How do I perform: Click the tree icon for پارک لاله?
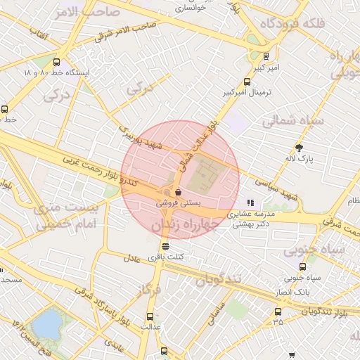(x=300, y=148)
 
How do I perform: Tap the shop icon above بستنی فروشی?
(x=179, y=192)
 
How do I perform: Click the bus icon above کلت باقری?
(x=165, y=246)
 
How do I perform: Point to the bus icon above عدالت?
(x=150, y=316)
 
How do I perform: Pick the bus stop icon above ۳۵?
(x=278, y=311)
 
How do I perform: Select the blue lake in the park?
(x=46, y=324)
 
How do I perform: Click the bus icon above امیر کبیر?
(x=266, y=56)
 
